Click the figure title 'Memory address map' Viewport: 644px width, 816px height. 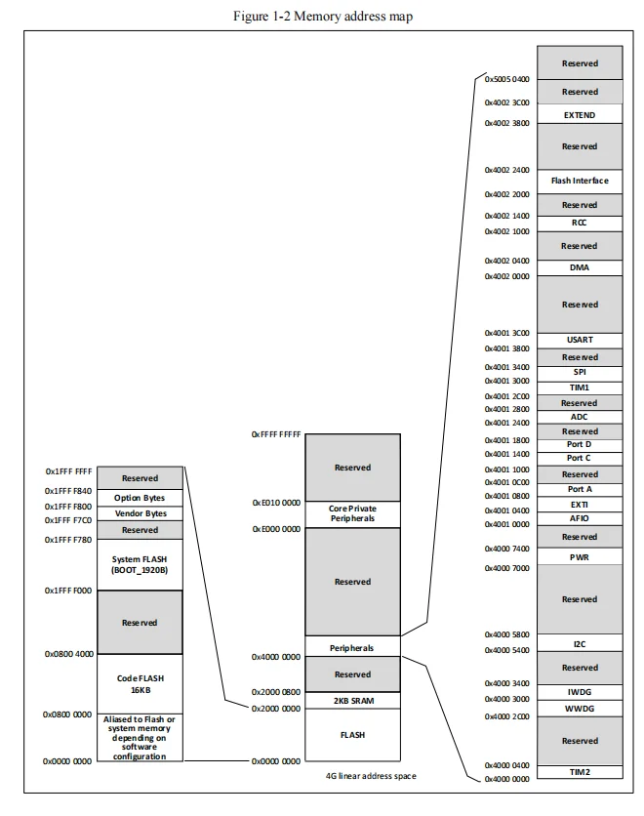(321, 17)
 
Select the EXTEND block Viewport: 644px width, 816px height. (580, 115)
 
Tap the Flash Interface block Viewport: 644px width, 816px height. (580, 181)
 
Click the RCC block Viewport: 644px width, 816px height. (580, 223)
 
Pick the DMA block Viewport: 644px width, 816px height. (580, 267)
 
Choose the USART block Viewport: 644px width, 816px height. (580, 340)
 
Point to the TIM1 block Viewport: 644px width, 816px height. (580, 388)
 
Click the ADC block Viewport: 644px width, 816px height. (580, 417)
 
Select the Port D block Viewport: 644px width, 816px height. (580, 444)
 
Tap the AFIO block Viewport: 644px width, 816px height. (580, 518)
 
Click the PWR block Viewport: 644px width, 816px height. (580, 556)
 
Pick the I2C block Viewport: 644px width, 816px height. (580, 644)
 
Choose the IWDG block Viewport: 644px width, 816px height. (580, 691)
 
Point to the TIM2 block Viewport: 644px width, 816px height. (580, 772)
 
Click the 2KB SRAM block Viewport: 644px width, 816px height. (352, 701)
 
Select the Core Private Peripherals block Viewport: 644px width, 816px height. (352, 513)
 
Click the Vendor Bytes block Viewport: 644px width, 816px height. (140, 513)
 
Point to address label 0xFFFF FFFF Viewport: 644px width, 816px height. (276, 433)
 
